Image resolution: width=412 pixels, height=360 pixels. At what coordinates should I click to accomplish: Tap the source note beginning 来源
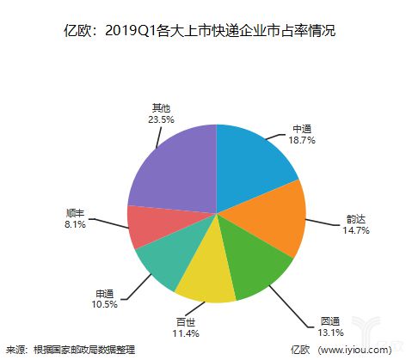coord(70,350)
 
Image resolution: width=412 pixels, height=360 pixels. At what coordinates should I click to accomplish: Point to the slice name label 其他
coord(160,108)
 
